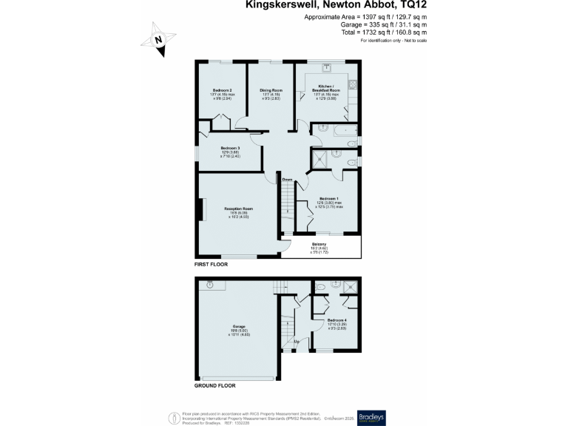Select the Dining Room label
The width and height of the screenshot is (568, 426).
[271, 90]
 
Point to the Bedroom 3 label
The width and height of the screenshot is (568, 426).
[230, 149]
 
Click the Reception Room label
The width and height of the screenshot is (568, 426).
[239, 209]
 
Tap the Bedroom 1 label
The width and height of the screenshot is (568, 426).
[329, 199]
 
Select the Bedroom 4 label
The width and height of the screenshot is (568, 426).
[337, 319]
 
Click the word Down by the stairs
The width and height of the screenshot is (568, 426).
[288, 180]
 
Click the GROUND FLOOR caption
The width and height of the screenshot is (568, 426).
[215, 386]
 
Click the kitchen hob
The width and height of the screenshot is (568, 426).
[352, 84]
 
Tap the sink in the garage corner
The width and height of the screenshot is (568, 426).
[210, 284]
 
